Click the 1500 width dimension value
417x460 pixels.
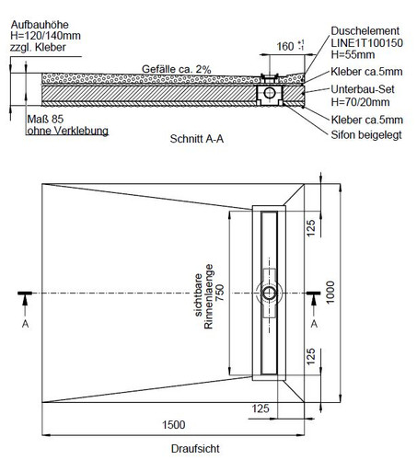(173, 425)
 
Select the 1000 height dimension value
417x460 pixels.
(330, 293)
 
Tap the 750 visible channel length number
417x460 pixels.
(220, 293)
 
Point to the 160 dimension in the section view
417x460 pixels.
(285, 47)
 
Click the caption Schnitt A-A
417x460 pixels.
(197, 139)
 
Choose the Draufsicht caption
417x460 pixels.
(195, 449)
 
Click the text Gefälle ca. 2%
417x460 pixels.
(177, 69)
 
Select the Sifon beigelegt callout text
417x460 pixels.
(366, 135)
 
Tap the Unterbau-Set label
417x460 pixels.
(363, 89)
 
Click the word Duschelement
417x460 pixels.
(365, 30)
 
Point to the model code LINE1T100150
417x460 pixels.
(366, 42)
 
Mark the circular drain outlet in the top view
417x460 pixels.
(269, 293)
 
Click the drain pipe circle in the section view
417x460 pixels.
(270, 93)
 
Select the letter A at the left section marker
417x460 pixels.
(25, 324)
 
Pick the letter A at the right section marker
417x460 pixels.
(314, 324)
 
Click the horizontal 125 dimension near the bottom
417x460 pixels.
(261, 408)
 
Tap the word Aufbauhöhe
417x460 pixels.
(40, 25)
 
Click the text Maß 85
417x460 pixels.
(45, 119)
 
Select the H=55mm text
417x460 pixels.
(353, 54)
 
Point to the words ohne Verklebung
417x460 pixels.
(68, 131)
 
